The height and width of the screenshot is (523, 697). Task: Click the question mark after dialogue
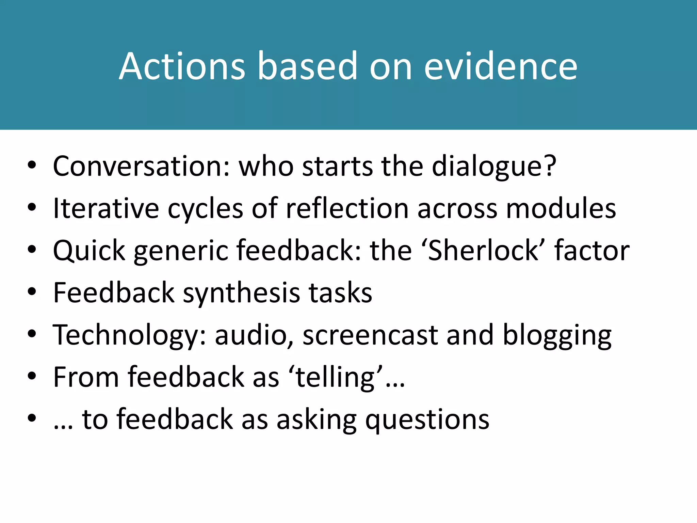click(548, 166)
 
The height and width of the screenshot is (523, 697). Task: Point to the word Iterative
click(106, 208)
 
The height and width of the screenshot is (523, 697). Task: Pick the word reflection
click(347, 208)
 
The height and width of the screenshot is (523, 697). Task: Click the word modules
click(561, 208)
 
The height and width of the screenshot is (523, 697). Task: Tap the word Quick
click(89, 251)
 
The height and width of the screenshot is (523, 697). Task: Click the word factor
click(592, 251)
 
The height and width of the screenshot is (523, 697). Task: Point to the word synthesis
click(242, 294)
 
